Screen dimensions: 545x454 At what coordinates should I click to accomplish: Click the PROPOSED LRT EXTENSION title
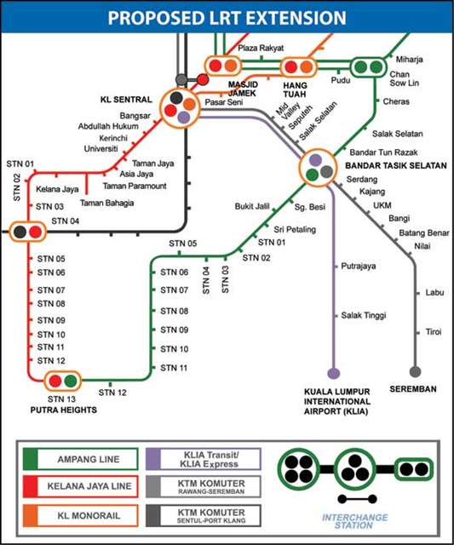(x=227, y=18)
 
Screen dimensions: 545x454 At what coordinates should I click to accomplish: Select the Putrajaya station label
(x=359, y=266)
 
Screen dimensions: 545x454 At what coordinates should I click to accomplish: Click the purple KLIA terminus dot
(x=333, y=372)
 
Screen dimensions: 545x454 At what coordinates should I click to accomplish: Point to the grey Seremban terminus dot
(x=415, y=372)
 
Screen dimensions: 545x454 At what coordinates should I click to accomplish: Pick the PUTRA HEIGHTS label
(x=63, y=410)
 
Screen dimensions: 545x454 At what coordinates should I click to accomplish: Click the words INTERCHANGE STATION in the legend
(x=355, y=522)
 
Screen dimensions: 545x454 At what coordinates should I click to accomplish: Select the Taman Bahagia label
(x=108, y=203)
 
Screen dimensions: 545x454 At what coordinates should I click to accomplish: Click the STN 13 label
(x=61, y=399)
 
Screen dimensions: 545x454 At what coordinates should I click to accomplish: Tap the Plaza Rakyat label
(x=261, y=49)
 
